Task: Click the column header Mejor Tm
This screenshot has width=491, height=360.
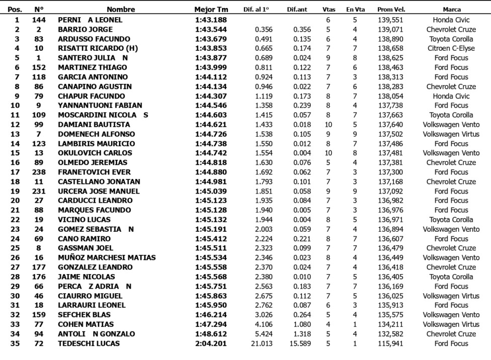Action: [x=211, y=10]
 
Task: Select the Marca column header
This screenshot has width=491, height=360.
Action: [x=452, y=10]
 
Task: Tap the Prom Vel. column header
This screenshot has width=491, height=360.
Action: [x=391, y=10]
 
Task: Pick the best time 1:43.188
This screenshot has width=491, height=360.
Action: [x=211, y=20]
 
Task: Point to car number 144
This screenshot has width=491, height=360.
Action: [x=39, y=20]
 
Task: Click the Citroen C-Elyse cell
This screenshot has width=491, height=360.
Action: [x=451, y=48]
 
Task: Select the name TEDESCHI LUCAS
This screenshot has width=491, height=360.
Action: [x=90, y=344]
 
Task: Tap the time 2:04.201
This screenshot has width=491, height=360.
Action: [x=211, y=344]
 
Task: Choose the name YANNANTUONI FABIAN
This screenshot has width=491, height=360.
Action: [x=100, y=106]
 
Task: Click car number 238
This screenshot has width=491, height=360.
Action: [x=39, y=172]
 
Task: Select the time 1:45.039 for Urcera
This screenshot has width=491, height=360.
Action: [x=211, y=192]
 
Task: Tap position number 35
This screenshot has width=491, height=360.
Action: [x=17, y=344]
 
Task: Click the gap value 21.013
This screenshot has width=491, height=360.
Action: [x=261, y=344]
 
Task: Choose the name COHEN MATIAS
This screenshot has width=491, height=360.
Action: [x=86, y=325]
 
